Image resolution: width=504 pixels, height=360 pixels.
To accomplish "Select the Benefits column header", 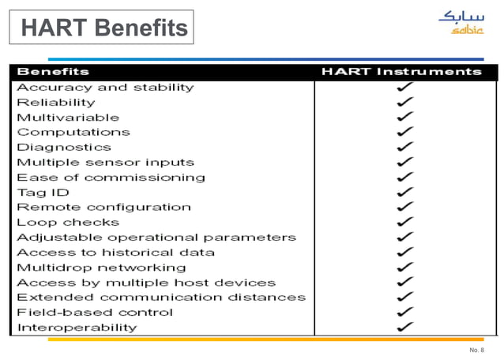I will point(53,72).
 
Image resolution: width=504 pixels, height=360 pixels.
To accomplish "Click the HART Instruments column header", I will point(401,72).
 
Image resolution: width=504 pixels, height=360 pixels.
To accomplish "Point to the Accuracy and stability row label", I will point(105,88).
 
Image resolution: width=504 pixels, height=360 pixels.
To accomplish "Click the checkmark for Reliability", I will point(404,103).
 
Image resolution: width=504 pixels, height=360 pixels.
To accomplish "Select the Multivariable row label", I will point(68,118).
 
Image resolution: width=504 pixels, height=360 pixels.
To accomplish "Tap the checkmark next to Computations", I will point(404,132).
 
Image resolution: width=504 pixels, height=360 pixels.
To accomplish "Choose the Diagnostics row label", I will point(64,148).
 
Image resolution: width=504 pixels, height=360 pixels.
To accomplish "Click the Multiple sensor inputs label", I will point(105,163).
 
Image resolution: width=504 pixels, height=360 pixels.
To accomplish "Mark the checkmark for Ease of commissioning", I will point(404,178).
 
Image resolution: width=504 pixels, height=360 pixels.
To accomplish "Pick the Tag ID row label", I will point(43,193).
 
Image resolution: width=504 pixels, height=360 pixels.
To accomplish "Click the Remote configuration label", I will point(103,208).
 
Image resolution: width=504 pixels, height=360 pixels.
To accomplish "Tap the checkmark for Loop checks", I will point(404,223).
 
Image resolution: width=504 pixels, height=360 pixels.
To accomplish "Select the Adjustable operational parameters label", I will point(156,238).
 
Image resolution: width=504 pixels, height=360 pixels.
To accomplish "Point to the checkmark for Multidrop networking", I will point(404,268).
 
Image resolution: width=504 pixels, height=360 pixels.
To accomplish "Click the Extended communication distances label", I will point(161,298).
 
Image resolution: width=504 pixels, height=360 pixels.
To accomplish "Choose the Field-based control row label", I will point(95,313).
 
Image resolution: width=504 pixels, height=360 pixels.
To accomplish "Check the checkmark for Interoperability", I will point(404,327).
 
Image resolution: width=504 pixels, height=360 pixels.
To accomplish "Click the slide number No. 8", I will point(476,349).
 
